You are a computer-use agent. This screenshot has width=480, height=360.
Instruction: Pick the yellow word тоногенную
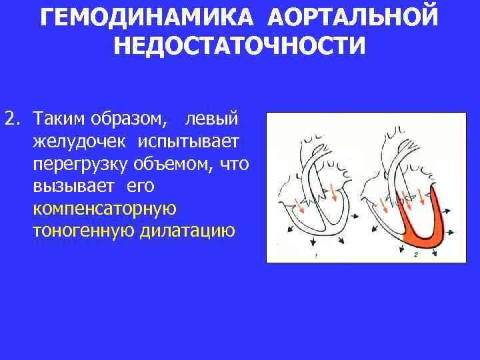pyautogui.click(x=83, y=231)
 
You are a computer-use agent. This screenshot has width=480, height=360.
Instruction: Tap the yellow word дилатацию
pyautogui.click(x=188, y=231)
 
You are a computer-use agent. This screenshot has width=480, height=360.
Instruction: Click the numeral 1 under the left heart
pyautogui.click(x=315, y=255)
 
